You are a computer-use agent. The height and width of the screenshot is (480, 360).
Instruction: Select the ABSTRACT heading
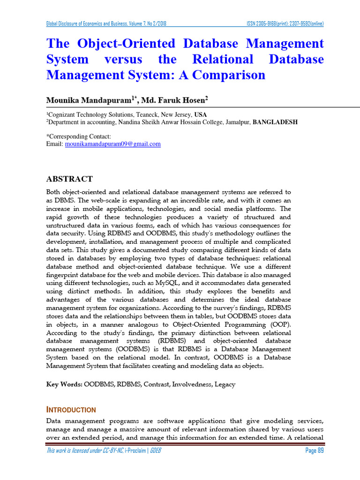click(69, 179)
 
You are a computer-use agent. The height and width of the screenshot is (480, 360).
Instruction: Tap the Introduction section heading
click(71, 409)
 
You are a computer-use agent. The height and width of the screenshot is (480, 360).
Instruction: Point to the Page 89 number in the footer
click(314, 451)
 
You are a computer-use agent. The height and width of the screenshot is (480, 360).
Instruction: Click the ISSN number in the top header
click(285, 24)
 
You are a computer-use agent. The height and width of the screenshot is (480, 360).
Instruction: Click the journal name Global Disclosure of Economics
click(94, 24)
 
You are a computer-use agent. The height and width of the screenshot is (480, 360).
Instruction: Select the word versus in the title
click(123, 60)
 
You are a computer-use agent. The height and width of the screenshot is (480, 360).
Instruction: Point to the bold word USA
click(200, 115)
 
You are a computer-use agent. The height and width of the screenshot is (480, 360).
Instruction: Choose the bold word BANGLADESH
click(275, 122)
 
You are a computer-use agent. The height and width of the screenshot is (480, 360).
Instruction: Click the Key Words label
click(64, 384)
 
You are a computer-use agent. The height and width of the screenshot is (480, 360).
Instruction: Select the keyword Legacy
click(225, 384)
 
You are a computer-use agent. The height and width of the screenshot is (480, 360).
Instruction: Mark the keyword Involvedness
click(191, 384)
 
